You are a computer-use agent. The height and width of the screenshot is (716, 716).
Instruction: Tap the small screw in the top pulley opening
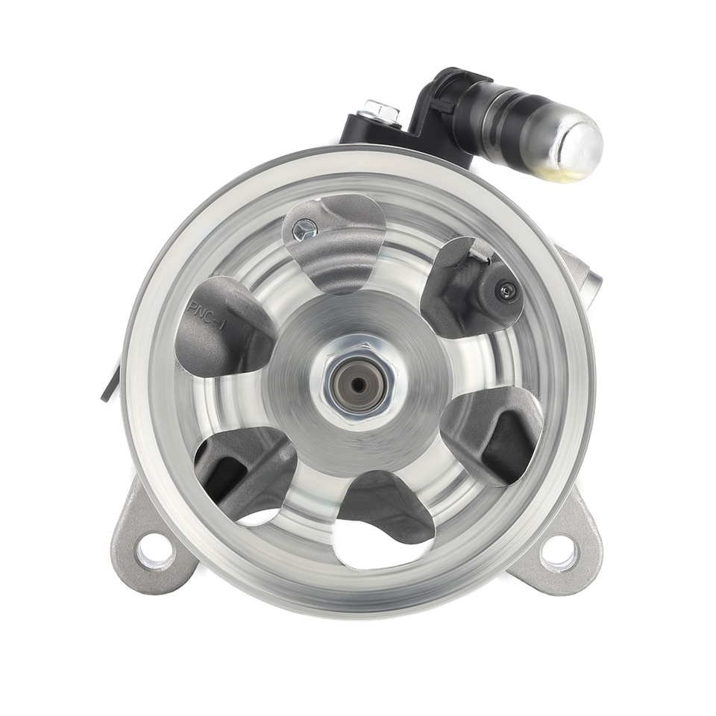(302, 227)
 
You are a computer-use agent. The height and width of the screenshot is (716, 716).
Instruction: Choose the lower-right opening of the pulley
(496, 433)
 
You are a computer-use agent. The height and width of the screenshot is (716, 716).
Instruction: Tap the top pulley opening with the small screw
(332, 239)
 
